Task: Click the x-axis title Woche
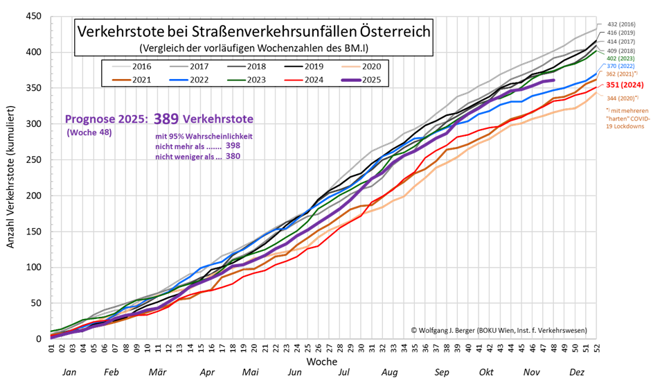pos(323,362)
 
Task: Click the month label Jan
pos(69,372)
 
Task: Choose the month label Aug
pos(390,372)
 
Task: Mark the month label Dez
pos(576,372)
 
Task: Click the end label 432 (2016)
pos(621,24)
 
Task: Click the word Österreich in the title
pos(395,32)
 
